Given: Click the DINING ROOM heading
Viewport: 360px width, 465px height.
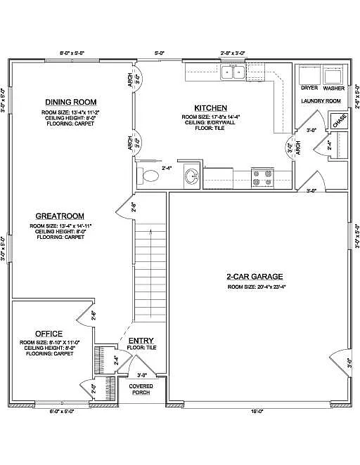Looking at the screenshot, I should coord(70,102).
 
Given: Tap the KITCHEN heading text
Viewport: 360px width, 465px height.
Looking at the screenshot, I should coord(210,107).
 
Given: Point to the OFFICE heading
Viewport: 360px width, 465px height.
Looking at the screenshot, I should coord(49,333).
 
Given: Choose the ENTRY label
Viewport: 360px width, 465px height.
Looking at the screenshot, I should coord(141,341).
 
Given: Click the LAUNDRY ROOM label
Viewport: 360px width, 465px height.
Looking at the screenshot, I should coord(321,101).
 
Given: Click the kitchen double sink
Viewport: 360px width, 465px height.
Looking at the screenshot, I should coord(232,72).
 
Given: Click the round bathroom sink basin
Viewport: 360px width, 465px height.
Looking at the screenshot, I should coord(191,177).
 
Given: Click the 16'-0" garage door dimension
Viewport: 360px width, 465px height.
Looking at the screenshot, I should coord(257,410).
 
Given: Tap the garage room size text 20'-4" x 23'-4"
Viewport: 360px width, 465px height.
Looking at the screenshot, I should coord(256,287).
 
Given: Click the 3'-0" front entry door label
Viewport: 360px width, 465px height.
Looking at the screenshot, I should coord(141,375).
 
